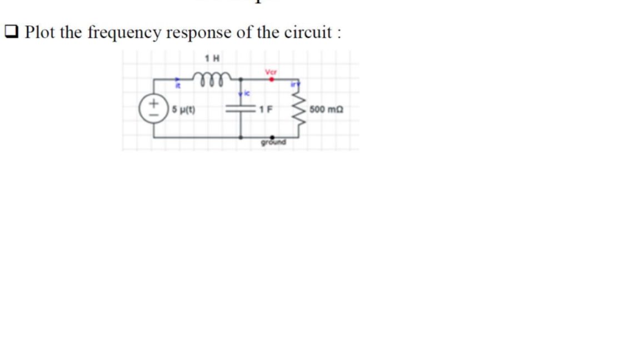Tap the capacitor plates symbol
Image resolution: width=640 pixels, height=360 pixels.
tap(241, 109)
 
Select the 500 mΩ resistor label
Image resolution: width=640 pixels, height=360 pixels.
tap(327, 109)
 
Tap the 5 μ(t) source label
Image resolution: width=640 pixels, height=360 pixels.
tap(183, 109)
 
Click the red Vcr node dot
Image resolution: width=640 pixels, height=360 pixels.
tap(271, 79)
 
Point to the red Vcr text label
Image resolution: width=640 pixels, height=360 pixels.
tap(271, 72)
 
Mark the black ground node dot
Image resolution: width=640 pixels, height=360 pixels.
tap(272, 137)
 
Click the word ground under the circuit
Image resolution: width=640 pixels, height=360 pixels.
tap(273, 143)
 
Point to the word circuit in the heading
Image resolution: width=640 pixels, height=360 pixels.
tap(308, 33)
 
